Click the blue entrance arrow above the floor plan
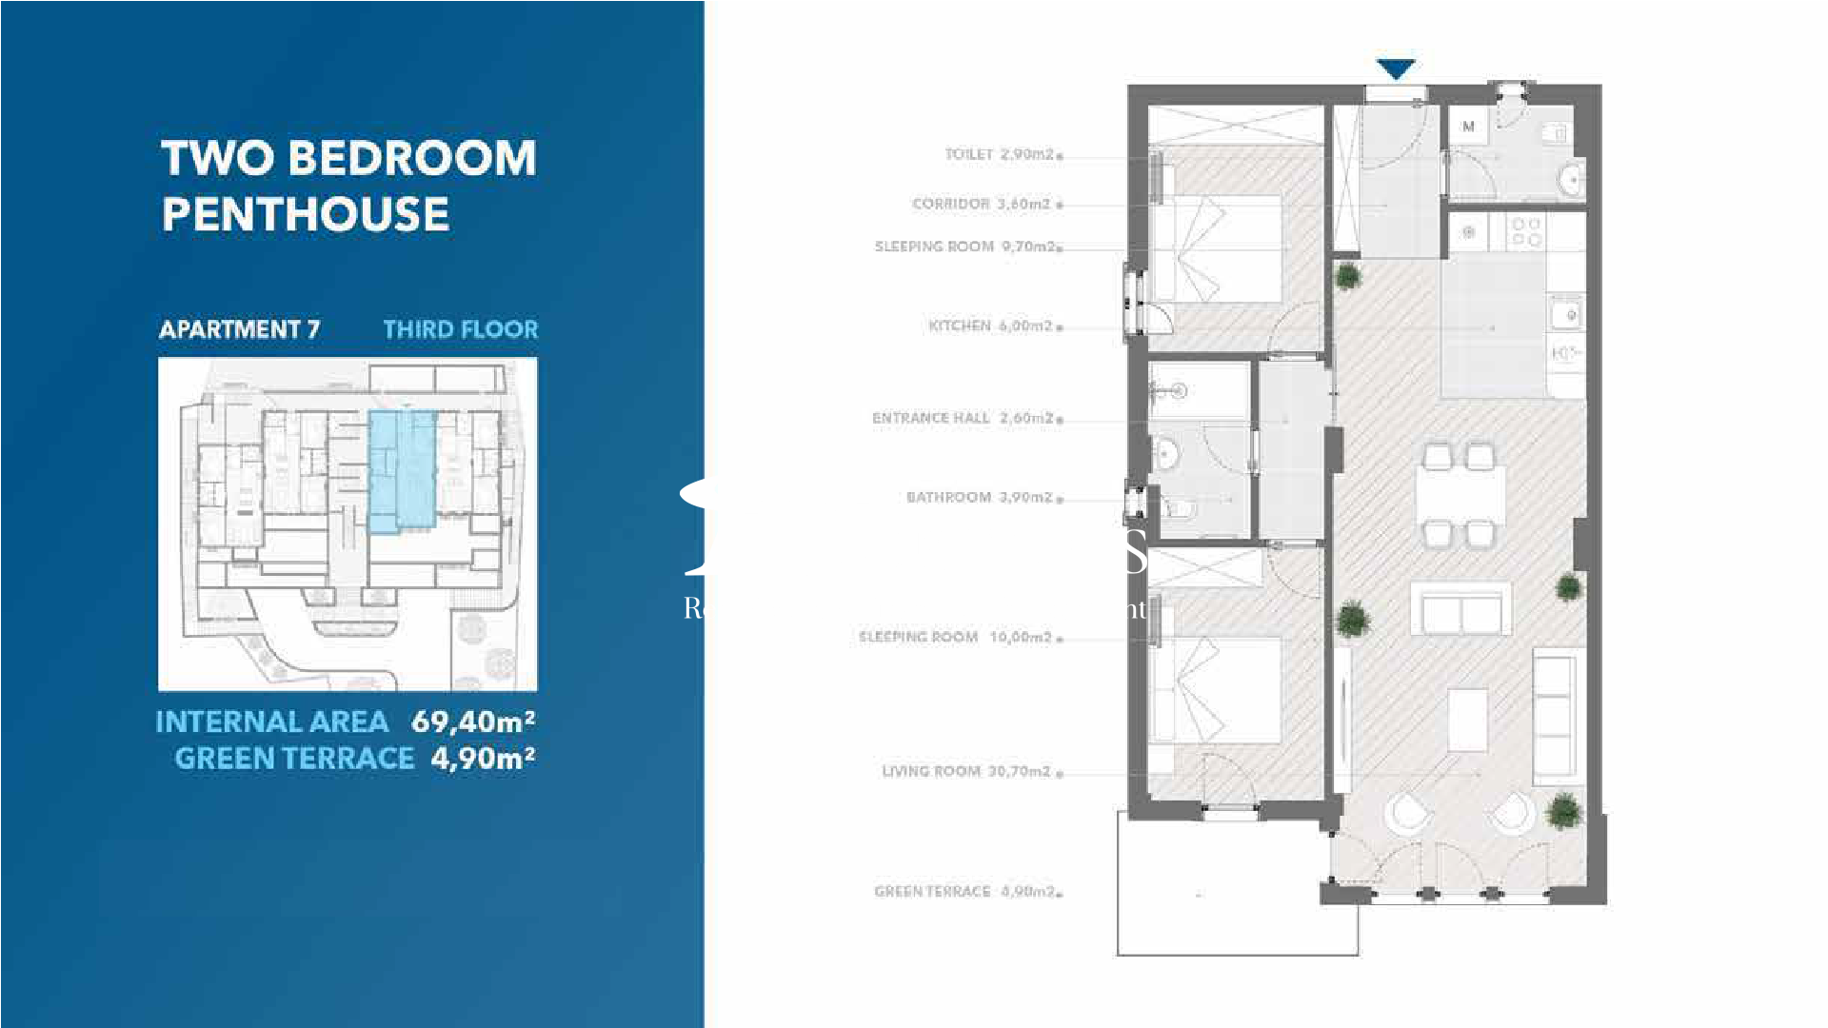click(1395, 69)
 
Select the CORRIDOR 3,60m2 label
click(981, 204)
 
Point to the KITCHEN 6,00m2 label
click(990, 326)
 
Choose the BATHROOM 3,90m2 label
click(979, 497)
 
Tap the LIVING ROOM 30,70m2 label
click(966, 771)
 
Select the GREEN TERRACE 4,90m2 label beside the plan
click(964, 892)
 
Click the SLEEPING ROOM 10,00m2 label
click(955, 637)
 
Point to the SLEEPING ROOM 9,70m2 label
click(964, 247)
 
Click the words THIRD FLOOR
click(461, 329)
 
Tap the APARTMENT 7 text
click(239, 329)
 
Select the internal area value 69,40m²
click(472, 722)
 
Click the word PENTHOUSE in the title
click(306, 214)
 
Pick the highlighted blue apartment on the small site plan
click(402, 471)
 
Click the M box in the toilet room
click(1468, 126)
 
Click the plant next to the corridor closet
click(1347, 277)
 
